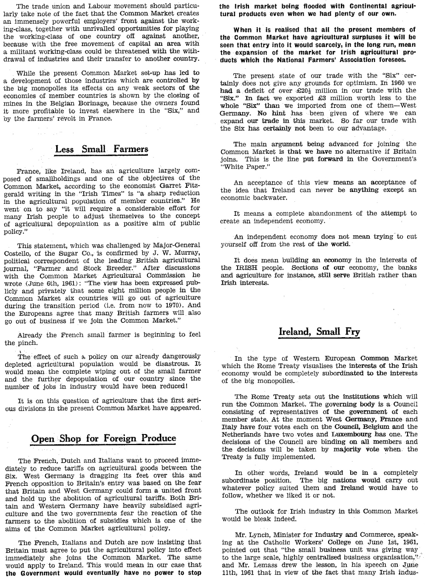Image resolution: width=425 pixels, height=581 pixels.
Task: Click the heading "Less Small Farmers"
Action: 102,149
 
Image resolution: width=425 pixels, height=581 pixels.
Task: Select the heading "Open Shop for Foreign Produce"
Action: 104,438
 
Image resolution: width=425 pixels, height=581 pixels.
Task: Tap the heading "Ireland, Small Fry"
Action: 319,331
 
